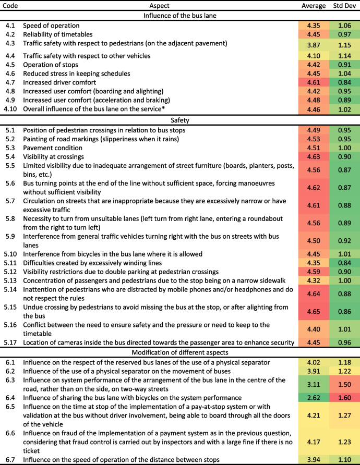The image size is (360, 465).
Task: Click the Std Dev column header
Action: [345, 5]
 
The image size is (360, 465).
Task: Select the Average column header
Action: [314, 5]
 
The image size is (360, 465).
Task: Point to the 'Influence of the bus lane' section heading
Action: [179, 15]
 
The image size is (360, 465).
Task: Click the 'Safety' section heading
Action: [179, 120]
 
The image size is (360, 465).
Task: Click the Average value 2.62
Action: [314, 398]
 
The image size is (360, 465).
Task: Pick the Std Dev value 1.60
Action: [345, 398]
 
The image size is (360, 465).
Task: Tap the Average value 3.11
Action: [314, 385]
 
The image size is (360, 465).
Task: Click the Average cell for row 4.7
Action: [314, 82]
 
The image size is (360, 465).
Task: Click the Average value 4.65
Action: [314, 311]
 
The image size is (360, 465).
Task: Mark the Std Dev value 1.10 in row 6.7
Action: [345, 459]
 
